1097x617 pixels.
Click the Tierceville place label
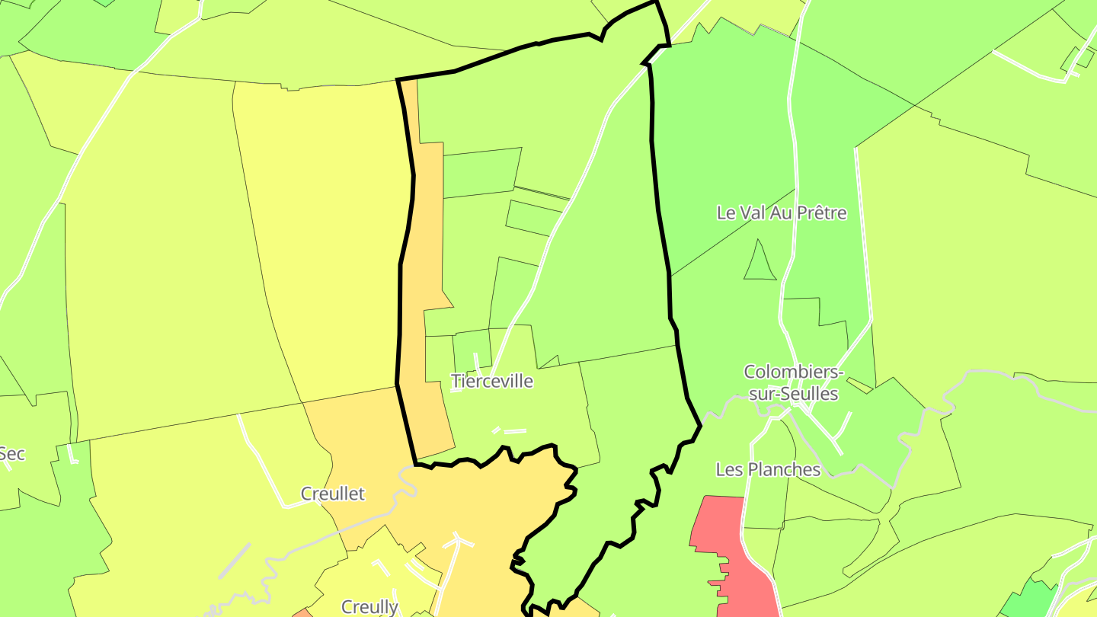[x=492, y=381]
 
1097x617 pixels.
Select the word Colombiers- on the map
[x=794, y=372]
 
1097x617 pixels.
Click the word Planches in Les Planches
[x=785, y=469]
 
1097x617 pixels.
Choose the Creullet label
[x=333, y=494]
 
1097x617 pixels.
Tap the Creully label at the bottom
[x=369, y=607]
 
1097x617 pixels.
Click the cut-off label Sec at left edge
[x=12, y=455]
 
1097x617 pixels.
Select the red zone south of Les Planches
[x=724, y=548]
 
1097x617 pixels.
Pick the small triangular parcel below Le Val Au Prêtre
[x=760, y=263]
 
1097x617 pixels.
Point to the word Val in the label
[x=752, y=213]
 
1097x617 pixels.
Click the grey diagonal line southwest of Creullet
[x=234, y=561]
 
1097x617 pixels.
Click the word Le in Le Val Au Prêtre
[x=726, y=213]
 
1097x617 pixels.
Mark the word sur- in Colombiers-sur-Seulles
[x=764, y=394]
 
